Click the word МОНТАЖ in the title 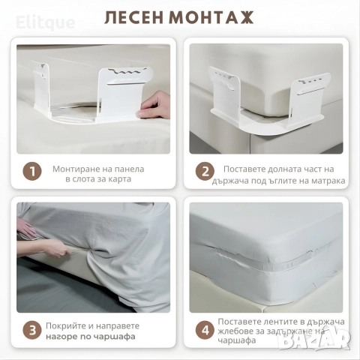pos(213,17)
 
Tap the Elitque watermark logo pos(46,22)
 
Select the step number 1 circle pos(32,172)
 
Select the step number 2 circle pos(205,172)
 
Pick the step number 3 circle pos(32,330)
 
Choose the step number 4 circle pos(205,330)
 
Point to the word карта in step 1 pos(118,179)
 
